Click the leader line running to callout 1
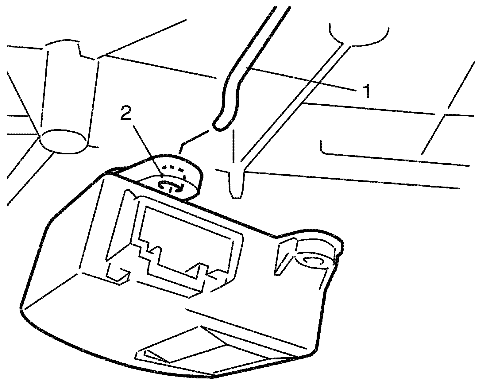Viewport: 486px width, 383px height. click(x=301, y=78)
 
